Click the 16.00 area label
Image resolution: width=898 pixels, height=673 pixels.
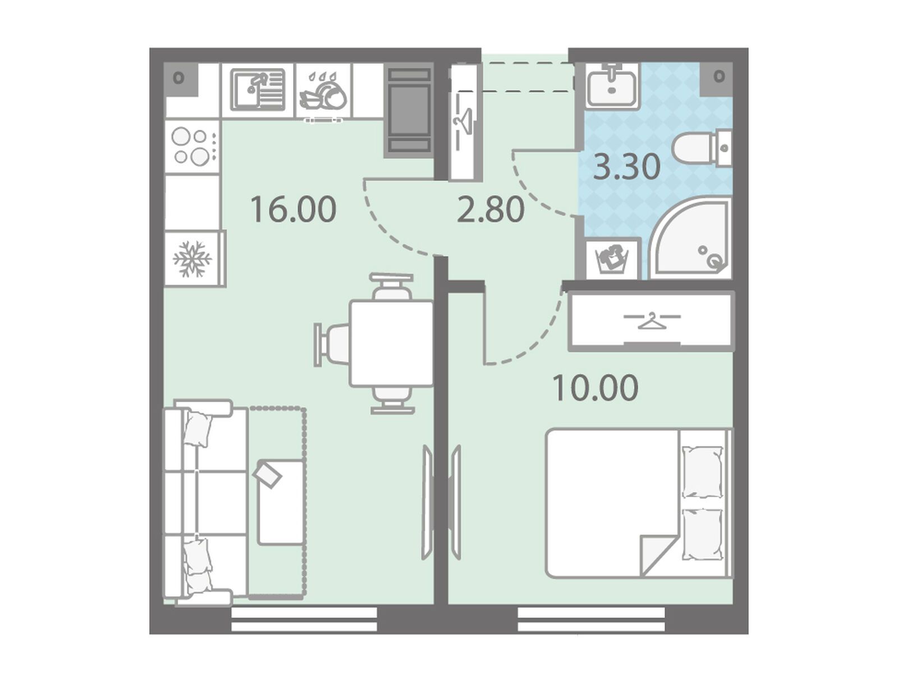point(293,209)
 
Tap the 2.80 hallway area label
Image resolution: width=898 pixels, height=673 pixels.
point(491,209)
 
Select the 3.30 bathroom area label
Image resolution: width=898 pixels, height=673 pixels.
point(627,167)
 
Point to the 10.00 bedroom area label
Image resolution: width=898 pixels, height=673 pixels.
point(595,387)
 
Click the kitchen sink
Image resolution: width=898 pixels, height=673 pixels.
point(257,90)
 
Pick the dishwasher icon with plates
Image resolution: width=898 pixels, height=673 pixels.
point(323,91)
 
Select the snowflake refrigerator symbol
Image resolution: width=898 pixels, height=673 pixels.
point(192,259)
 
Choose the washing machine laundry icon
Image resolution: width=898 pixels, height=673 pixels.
point(612,260)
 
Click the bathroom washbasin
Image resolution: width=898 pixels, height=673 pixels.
point(612,85)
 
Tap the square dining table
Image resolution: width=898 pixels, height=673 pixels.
point(392,344)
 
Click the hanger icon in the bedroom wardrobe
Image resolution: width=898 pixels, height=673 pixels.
point(652,321)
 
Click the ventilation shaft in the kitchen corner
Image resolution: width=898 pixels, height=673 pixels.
point(180,79)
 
